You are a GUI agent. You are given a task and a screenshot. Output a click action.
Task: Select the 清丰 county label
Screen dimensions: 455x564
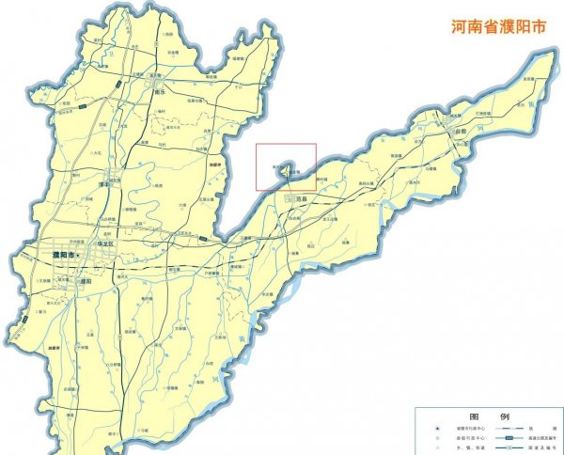click(x=104, y=185)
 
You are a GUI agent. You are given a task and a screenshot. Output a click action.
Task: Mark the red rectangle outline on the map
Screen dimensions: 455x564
click(x=287, y=167)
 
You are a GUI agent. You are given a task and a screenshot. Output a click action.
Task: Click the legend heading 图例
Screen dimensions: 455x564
click(x=489, y=416)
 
